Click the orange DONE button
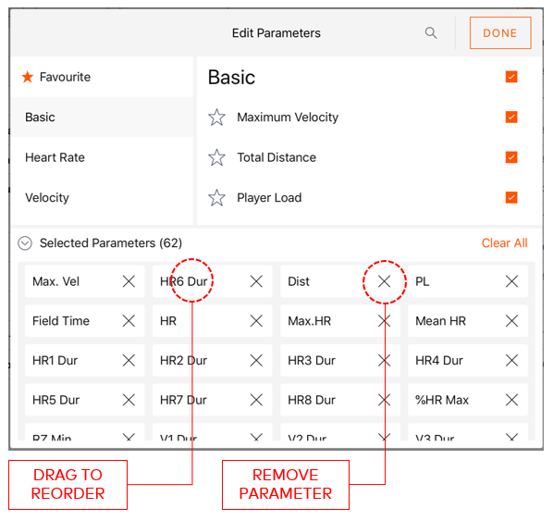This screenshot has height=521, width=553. [500, 33]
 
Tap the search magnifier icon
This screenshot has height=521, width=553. [431, 33]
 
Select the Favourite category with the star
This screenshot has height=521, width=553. [57, 78]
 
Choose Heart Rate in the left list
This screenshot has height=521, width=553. [55, 158]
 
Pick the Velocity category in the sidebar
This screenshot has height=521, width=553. [47, 198]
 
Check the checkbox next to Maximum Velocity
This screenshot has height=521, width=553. [511, 118]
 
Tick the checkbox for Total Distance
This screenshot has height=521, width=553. [511, 157]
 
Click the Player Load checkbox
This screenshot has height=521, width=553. [511, 197]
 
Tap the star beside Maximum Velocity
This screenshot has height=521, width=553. [217, 118]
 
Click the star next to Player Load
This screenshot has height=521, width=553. [217, 198]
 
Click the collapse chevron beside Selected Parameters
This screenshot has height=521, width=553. [25, 243]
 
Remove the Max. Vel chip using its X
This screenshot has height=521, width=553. [129, 281]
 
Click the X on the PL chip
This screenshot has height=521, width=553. [511, 281]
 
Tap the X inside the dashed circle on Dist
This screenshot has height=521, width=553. [384, 281]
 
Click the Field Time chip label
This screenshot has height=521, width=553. [61, 321]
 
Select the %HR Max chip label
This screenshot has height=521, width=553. [442, 401]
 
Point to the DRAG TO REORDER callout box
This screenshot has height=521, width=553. [68, 484]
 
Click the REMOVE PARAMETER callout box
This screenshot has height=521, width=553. [285, 484]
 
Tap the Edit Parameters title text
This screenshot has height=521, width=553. [276, 33]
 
